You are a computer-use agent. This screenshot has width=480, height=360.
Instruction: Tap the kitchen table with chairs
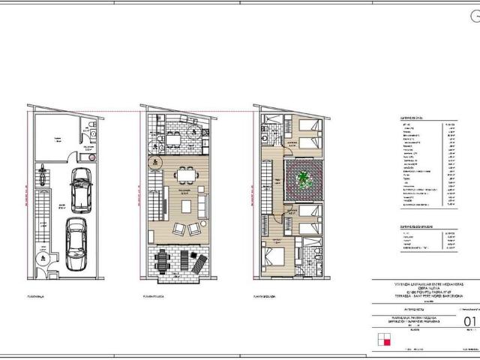[173, 139]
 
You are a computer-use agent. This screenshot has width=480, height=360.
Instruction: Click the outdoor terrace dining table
[164, 262]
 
